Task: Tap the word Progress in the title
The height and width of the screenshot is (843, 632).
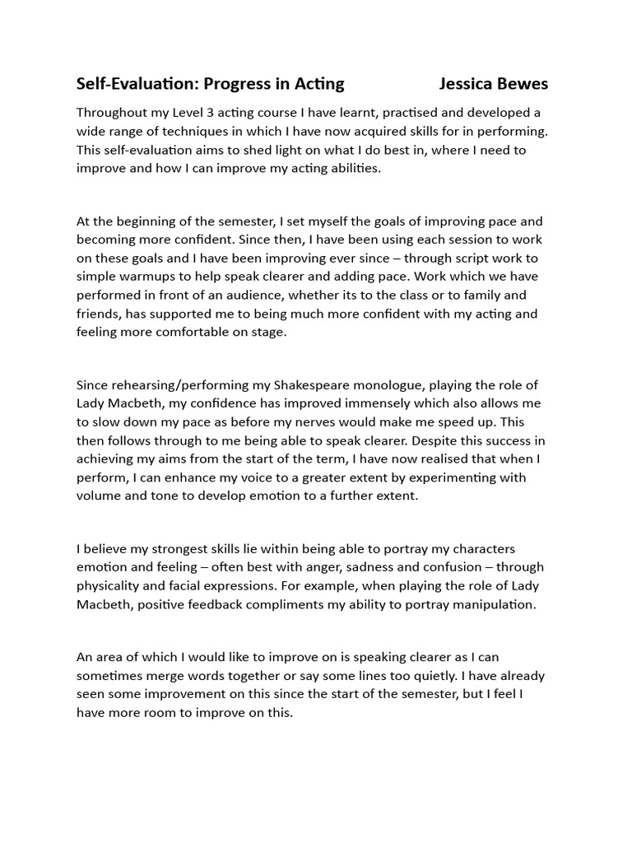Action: (x=235, y=84)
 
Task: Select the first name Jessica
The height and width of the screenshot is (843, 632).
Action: (x=469, y=84)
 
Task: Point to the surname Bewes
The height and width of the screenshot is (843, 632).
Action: (x=525, y=84)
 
